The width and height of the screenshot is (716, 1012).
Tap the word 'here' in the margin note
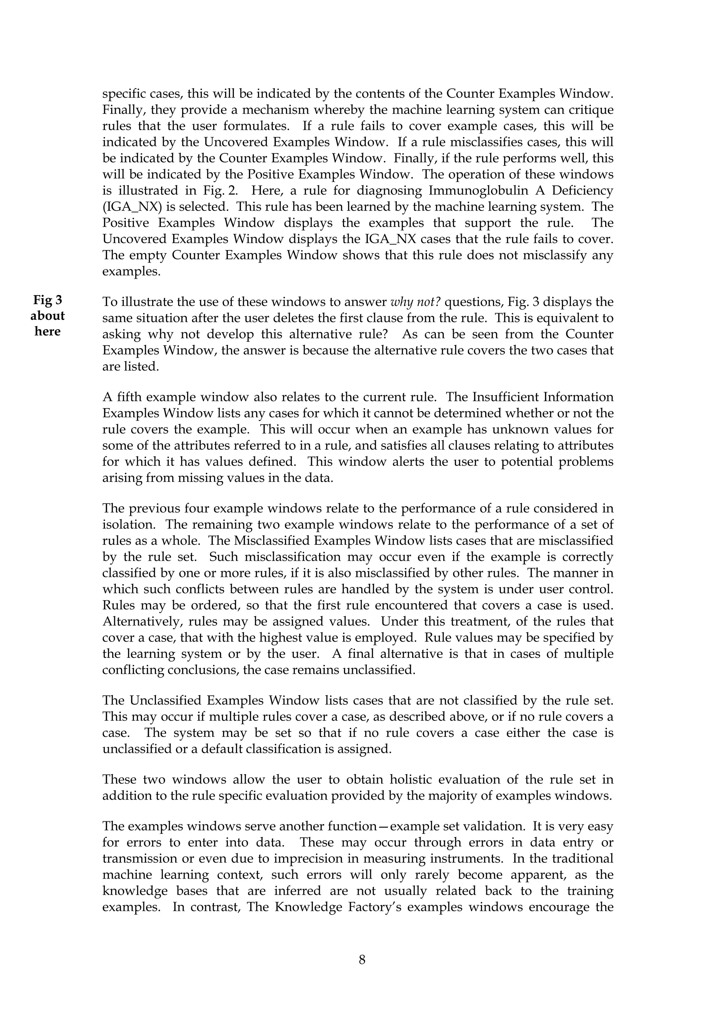(48, 331)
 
